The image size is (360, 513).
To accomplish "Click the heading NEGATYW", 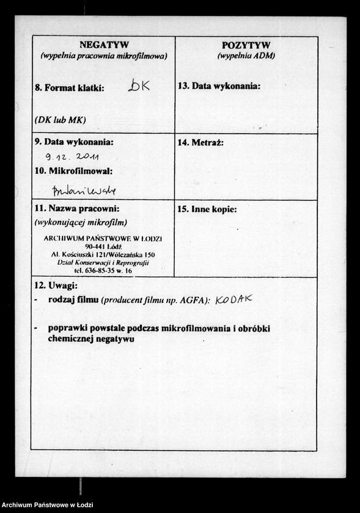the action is (103, 45).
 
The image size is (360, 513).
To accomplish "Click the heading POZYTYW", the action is (246, 45).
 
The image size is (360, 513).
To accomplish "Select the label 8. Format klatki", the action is (69, 88).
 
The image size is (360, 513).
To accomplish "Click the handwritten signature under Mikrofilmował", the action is (84, 190).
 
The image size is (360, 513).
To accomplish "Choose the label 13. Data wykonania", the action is (219, 86).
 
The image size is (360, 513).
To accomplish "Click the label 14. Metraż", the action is (200, 143).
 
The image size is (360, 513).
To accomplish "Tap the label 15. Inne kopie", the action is (207, 209).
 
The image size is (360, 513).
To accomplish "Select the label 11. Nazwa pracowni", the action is (76, 209).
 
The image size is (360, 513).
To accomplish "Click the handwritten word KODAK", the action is (233, 300).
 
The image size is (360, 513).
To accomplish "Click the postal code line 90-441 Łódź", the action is (103, 246).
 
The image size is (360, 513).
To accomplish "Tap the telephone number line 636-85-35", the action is (103, 270).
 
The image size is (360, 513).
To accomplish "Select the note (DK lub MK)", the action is (60, 120).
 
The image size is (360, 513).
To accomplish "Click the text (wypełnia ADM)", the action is (246, 56).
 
